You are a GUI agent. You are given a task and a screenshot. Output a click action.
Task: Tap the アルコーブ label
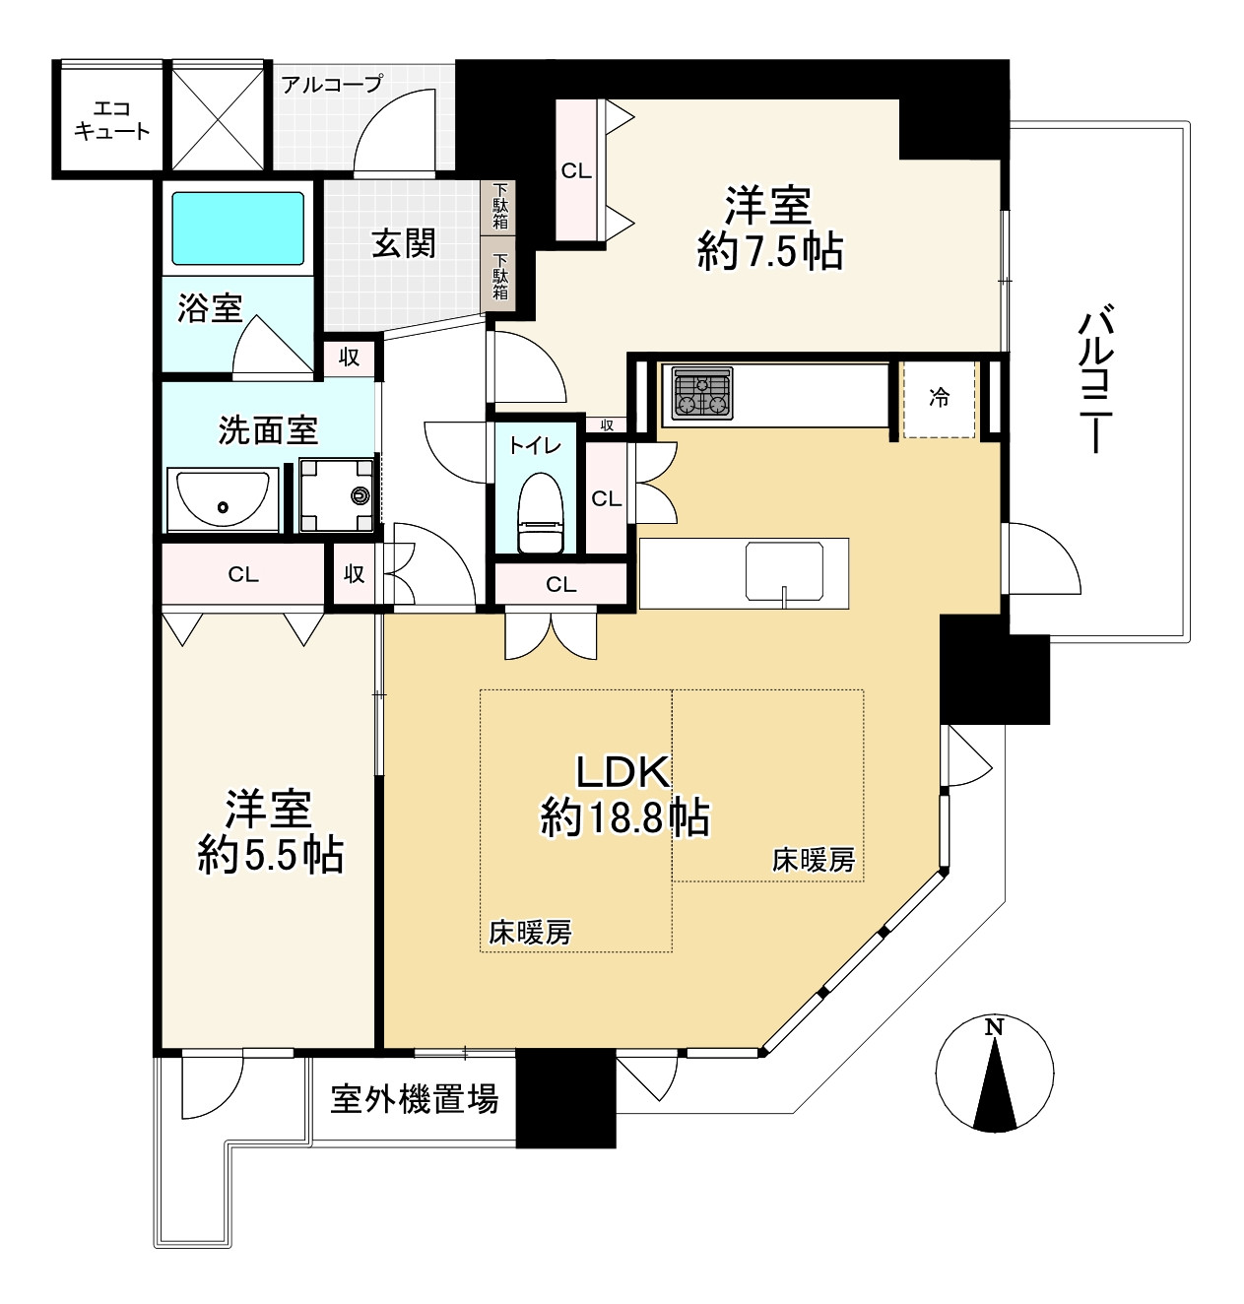tap(331, 84)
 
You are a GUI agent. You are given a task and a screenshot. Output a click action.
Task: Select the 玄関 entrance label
tap(403, 242)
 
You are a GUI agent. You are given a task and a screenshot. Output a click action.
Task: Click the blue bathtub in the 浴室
tap(238, 228)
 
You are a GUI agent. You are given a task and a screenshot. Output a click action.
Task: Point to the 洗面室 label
tap(267, 430)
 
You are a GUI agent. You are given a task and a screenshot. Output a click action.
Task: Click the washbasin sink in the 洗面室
tap(223, 500)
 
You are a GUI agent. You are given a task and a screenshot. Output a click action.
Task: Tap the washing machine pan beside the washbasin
tap(337, 494)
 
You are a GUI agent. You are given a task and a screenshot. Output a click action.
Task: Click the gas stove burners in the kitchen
tap(701, 394)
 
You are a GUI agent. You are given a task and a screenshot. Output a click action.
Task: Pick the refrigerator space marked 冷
tap(940, 399)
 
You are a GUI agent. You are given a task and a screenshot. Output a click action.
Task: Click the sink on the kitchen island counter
tap(783, 571)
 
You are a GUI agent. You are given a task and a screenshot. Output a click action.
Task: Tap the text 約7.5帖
tap(769, 253)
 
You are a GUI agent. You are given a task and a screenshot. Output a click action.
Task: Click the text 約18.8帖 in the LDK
tap(624, 817)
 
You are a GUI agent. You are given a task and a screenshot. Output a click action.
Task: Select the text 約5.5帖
tap(270, 855)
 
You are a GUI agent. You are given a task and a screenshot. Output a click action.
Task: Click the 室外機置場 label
tap(414, 1098)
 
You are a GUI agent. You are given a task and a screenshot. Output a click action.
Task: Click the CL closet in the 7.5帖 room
tap(577, 170)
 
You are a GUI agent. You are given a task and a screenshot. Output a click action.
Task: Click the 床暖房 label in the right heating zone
tap(813, 860)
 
